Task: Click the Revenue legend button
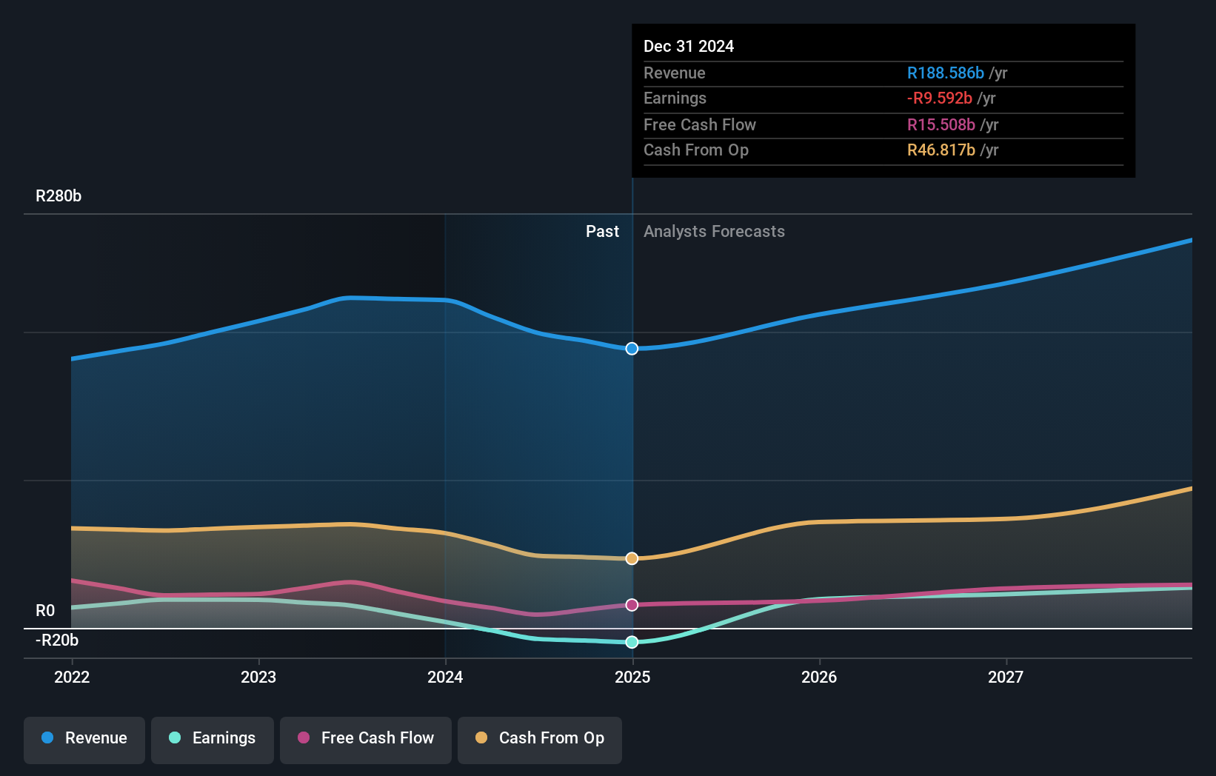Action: [84, 738]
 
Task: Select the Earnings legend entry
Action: [213, 738]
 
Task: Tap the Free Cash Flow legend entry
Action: [366, 738]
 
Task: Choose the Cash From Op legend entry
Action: [540, 738]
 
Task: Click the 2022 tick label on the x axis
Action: [72, 677]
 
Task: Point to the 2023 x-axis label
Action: [258, 677]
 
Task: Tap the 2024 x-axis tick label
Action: [445, 677]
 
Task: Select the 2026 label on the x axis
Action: [819, 677]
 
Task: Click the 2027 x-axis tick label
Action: [1006, 677]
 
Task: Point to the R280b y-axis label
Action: [59, 196]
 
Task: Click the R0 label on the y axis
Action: [45, 611]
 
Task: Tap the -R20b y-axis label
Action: [57, 640]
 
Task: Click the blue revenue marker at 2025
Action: [632, 349]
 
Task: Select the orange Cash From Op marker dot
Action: [632, 558]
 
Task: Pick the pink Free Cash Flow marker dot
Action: [632, 605]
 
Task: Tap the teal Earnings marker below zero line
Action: [632, 642]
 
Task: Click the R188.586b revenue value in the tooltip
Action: [945, 73]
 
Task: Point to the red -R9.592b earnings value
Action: [939, 98]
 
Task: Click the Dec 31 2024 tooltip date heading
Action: [689, 47]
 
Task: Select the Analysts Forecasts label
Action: [714, 232]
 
